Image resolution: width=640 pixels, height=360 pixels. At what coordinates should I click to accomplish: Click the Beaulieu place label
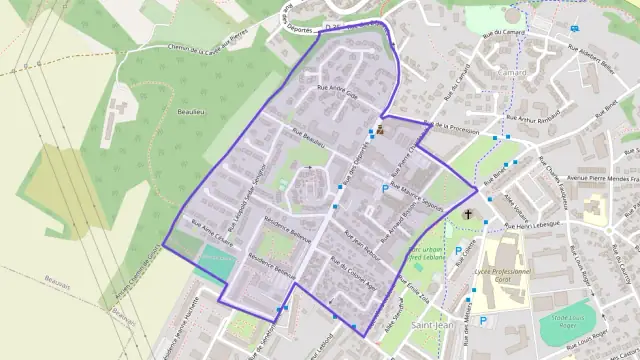[187, 112]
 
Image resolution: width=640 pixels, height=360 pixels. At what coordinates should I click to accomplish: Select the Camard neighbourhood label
[511, 73]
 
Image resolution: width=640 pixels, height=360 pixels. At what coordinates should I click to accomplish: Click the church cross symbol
[469, 215]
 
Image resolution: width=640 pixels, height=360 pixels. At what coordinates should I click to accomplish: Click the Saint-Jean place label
[433, 326]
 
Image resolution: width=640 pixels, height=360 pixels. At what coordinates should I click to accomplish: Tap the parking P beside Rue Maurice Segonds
[385, 188]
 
